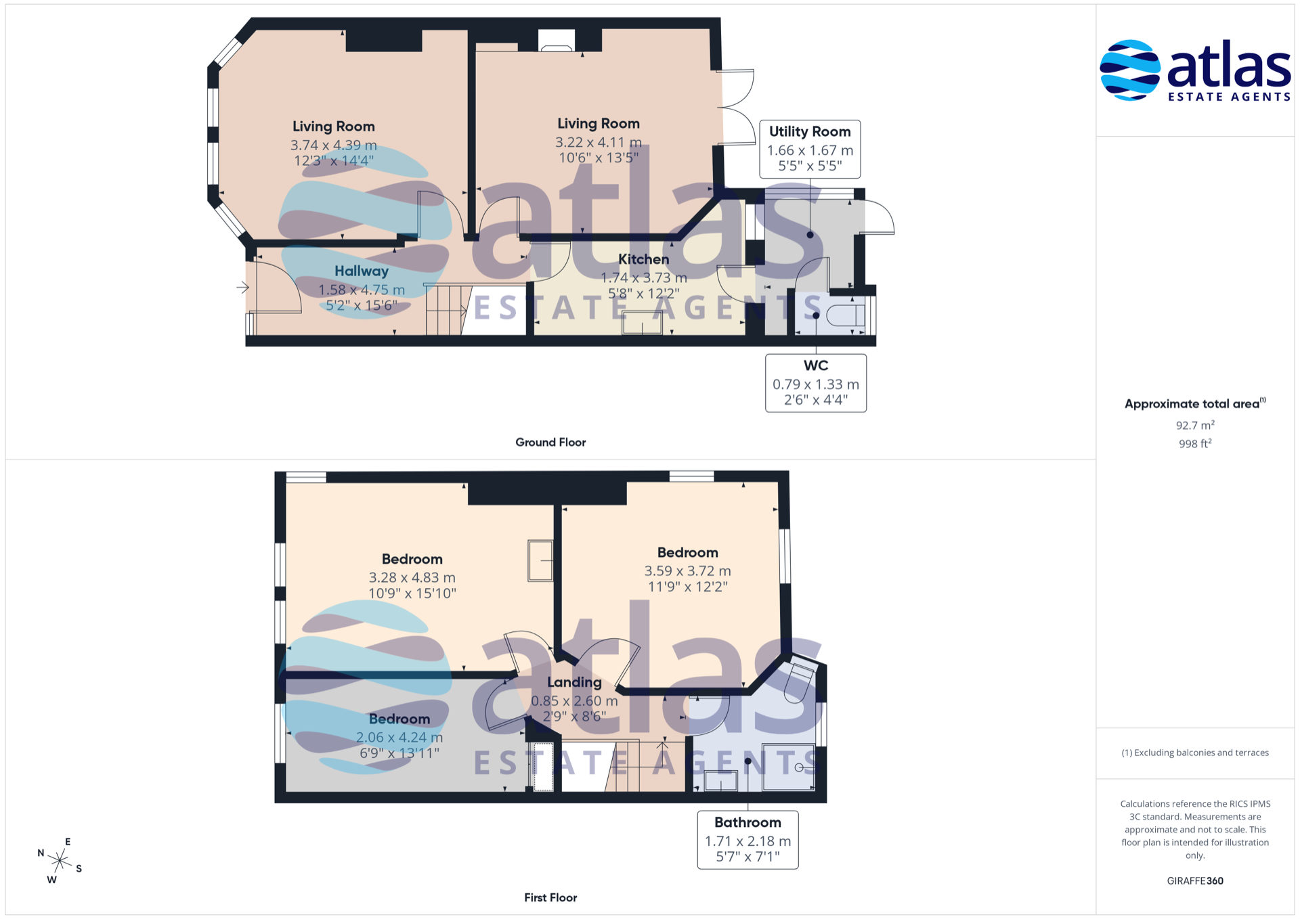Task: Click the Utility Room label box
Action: point(810,149)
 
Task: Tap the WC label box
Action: point(816,383)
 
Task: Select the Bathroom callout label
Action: point(748,840)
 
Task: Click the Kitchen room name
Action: point(644,259)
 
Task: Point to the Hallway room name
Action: point(362,271)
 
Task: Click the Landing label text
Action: point(574,682)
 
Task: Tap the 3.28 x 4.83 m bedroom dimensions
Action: point(412,577)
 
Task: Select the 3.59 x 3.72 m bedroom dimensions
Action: point(688,570)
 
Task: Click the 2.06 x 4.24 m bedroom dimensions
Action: point(399,737)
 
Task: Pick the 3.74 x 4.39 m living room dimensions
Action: point(334,145)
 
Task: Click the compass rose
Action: point(60,861)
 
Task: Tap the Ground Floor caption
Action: point(550,442)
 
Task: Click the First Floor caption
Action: point(550,897)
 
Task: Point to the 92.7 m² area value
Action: point(1195,425)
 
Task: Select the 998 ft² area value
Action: point(1195,443)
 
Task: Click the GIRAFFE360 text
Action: point(1195,880)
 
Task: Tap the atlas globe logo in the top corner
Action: point(1130,70)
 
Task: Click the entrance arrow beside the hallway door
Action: point(242,288)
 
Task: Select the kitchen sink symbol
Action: point(643,323)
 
